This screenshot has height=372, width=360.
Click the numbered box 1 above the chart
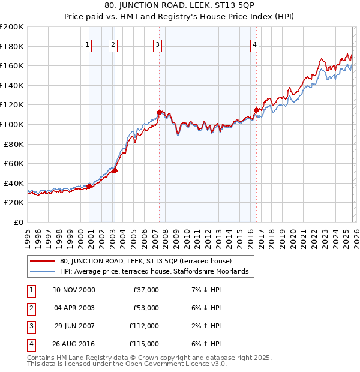[88, 44]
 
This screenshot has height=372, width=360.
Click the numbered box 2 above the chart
[113, 44]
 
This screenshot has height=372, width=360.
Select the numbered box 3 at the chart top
[157, 44]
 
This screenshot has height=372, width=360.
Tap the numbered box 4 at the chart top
[254, 44]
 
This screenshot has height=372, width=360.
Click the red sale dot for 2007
[159, 112]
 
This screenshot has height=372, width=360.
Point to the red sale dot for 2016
[256, 110]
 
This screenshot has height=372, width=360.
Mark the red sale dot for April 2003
[115, 170]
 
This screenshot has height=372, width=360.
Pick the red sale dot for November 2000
[89, 186]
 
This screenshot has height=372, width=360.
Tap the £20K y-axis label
[14, 203]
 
